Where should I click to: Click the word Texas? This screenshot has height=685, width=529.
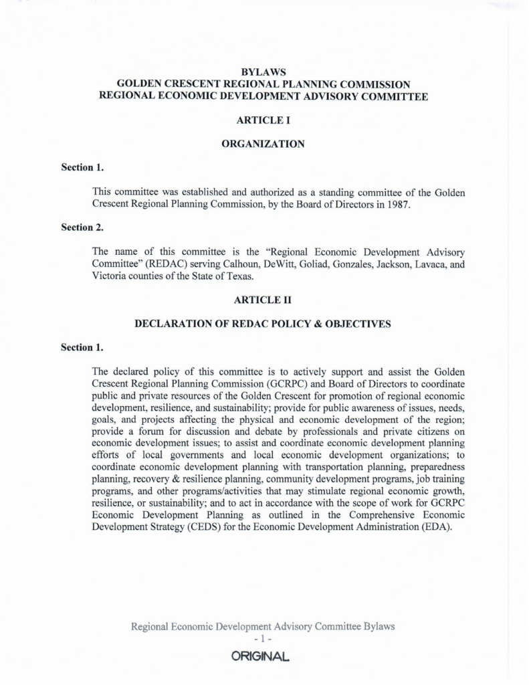pyautogui.click(x=219, y=276)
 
